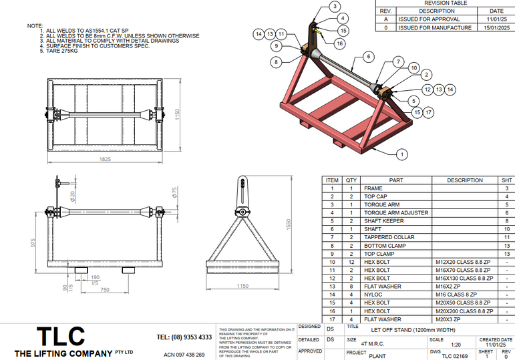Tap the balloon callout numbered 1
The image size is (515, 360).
401,154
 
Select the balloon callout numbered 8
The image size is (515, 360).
275,62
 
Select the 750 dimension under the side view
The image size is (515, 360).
105,291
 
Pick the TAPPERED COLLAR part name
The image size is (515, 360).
389,237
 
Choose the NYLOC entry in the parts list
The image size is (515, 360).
373,295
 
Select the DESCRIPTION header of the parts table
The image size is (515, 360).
465,180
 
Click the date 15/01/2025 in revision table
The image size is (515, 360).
496,28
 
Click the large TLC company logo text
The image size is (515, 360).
61,337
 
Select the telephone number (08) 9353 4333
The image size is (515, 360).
184,337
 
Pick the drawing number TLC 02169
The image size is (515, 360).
454,356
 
